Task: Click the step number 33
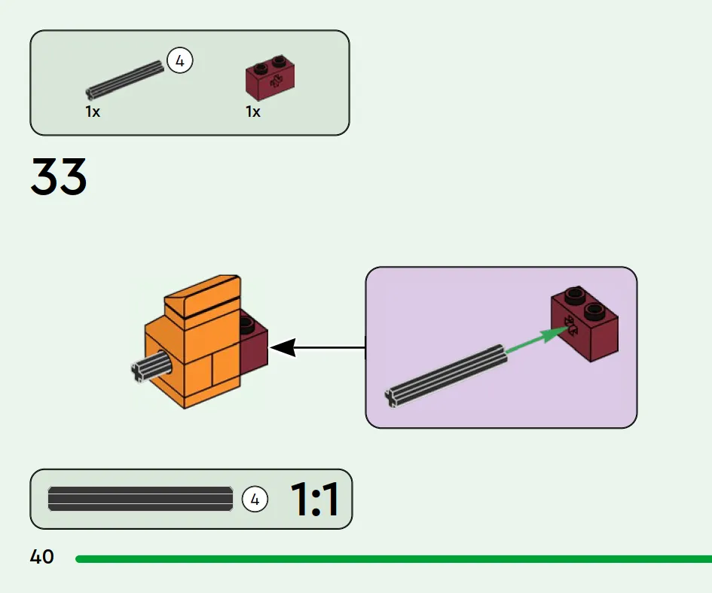coord(59,177)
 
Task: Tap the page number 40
coord(42,558)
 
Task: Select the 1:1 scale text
coord(314,500)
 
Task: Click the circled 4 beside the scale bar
coord(255,499)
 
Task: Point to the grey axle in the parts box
coord(124,81)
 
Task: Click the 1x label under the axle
coord(93,112)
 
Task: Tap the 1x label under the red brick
coord(253,112)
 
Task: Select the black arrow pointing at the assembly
coord(316,348)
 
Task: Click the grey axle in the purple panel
coord(445,374)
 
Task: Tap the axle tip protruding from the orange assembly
coord(141,370)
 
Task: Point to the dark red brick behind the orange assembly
coord(253,350)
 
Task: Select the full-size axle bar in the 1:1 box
coord(140,499)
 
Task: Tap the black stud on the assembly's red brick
coord(246,325)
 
